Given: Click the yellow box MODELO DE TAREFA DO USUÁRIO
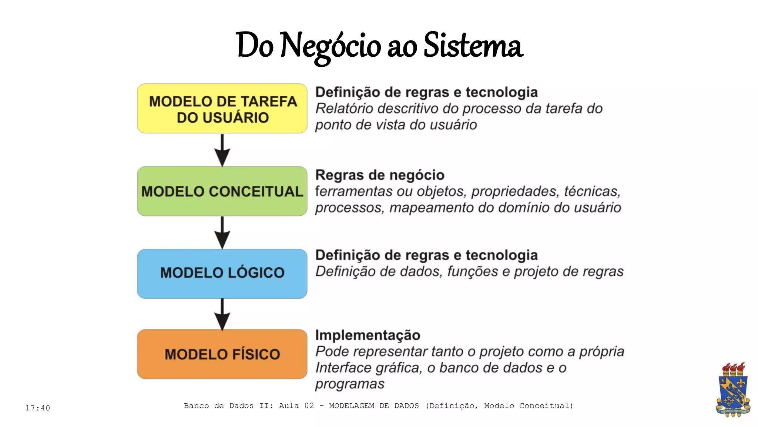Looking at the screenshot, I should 222,109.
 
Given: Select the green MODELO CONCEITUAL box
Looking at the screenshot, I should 222,191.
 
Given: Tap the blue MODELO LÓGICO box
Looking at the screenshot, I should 222,274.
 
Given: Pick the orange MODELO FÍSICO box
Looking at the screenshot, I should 222,354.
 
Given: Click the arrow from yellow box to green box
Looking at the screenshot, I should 222,150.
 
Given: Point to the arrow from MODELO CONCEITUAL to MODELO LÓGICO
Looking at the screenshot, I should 222,232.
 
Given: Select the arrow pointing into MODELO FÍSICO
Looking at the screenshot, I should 222,314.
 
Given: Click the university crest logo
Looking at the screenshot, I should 732,390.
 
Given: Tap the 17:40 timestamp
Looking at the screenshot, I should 38,408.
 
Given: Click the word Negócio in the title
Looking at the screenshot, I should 331,46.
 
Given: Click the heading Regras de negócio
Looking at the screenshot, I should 380,175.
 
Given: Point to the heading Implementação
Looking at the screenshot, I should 368,335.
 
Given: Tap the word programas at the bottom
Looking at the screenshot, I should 350,384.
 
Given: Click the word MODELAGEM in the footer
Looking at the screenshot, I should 352,406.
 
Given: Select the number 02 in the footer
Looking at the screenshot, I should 309,406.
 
